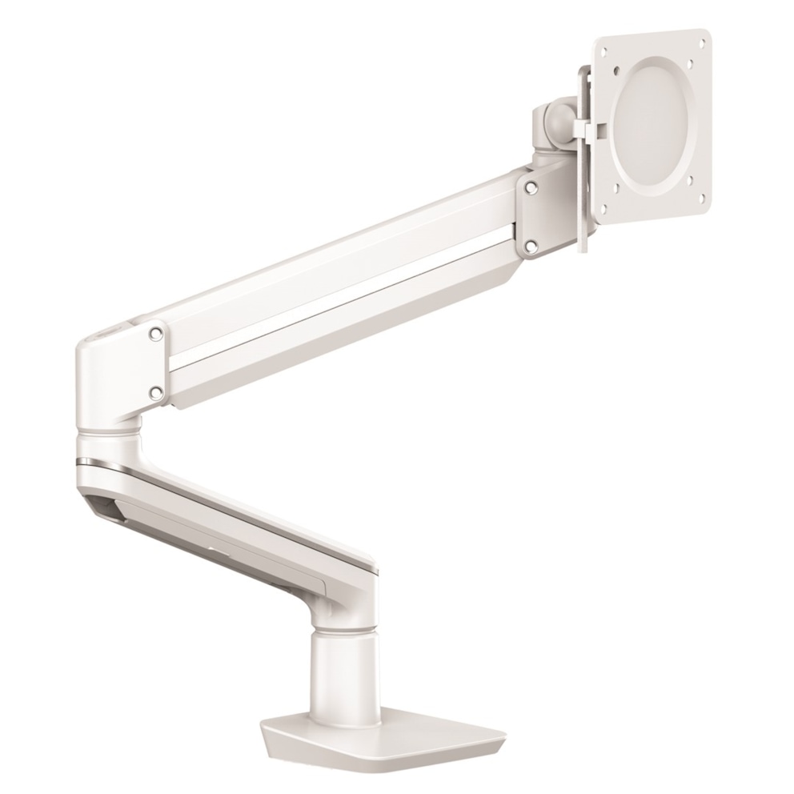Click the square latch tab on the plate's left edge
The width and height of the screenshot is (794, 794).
pyautogui.click(x=591, y=129)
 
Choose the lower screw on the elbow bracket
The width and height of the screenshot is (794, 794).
pyautogui.click(x=156, y=391)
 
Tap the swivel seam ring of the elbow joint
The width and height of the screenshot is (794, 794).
pyautogui.click(x=108, y=434)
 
